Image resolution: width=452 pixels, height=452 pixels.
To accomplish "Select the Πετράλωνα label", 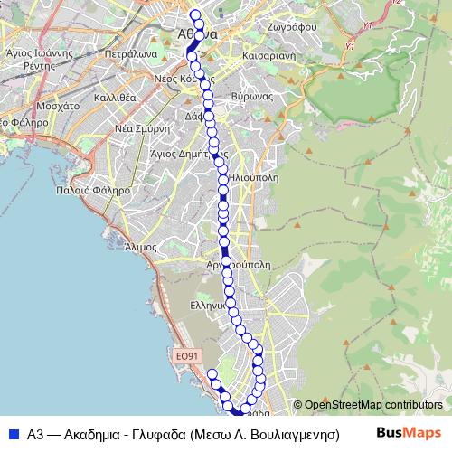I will pos(132,53).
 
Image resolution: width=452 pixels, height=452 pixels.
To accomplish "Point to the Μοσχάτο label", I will pos(61,106).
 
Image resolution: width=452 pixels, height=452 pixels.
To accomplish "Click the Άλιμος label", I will pos(143,246).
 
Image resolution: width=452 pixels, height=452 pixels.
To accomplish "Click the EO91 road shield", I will pos(186,357).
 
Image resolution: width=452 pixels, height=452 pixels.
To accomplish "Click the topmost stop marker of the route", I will pos(194,14).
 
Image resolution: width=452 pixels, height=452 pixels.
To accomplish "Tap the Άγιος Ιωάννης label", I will pos(39,53).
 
